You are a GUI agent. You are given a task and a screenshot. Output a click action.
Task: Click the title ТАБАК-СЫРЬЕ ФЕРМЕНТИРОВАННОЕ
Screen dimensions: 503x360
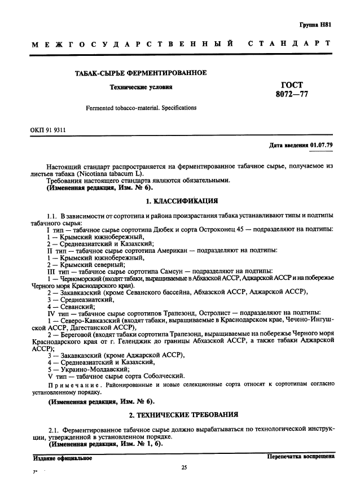click(141, 73)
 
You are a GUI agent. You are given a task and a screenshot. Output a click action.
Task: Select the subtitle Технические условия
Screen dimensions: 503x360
click(141, 88)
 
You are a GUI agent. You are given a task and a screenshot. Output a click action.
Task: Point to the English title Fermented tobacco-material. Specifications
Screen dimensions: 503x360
click(141, 107)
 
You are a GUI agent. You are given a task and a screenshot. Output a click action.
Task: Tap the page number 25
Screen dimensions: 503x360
click(184, 467)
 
